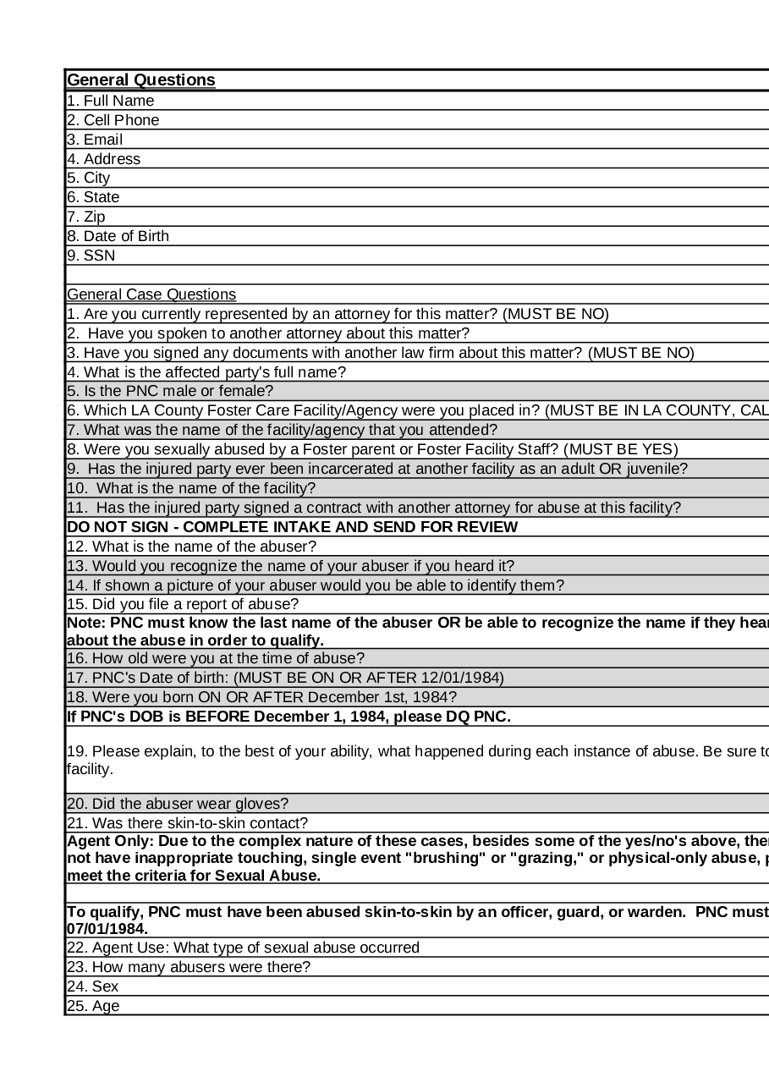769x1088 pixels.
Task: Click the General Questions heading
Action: point(141,80)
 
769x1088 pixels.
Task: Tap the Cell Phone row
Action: point(113,120)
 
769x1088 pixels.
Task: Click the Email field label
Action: point(95,140)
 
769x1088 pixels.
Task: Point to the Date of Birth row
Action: point(118,236)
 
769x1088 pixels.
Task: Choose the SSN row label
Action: point(91,256)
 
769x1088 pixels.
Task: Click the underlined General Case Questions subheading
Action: point(151,294)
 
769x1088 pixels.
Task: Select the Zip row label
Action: point(86,217)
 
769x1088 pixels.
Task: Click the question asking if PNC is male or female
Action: point(170,392)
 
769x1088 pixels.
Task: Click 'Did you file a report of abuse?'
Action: point(183,604)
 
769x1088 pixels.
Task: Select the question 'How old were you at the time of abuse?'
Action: point(216,658)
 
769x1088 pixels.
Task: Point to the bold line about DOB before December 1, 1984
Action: point(288,717)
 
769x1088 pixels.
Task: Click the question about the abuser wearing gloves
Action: point(178,804)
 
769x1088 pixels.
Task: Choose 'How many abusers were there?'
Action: point(189,967)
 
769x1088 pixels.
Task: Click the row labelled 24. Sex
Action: point(93,986)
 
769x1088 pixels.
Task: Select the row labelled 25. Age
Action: point(93,1006)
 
